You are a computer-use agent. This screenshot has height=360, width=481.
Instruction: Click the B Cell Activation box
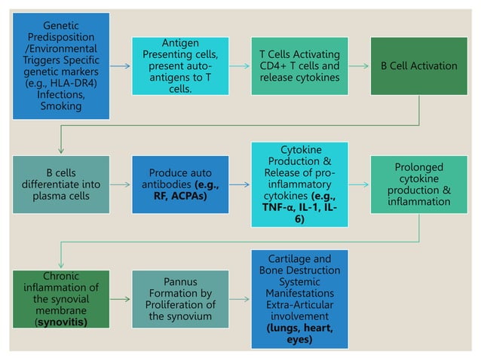(418, 66)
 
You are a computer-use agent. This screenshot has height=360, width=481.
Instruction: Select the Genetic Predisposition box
(60, 66)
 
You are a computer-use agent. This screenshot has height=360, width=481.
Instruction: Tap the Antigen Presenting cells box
(180, 66)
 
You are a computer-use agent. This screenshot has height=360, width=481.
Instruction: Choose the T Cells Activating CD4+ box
(299, 66)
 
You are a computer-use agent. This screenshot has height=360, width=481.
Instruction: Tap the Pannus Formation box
(180, 299)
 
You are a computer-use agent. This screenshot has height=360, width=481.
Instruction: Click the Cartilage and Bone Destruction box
(299, 299)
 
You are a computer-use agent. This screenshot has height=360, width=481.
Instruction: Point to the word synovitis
(62, 322)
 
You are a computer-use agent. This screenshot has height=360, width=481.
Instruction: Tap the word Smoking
(60, 106)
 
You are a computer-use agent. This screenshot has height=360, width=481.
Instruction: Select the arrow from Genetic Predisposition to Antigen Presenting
(121, 66)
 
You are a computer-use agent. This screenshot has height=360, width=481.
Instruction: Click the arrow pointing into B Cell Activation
(359, 66)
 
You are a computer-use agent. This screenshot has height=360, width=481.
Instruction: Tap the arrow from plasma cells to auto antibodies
(121, 185)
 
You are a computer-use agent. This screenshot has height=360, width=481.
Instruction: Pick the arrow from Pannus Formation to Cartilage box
(240, 299)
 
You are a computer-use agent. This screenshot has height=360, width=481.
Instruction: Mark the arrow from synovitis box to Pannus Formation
(121, 299)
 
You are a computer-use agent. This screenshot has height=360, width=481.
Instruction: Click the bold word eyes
(299, 340)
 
